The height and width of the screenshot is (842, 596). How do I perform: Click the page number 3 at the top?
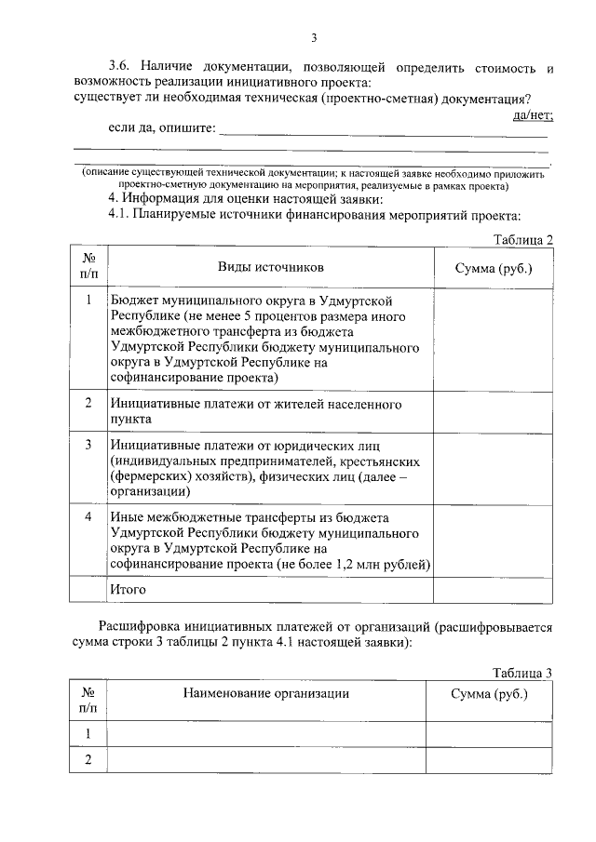[x=314, y=37]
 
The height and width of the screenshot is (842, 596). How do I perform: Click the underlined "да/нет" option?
[x=533, y=115]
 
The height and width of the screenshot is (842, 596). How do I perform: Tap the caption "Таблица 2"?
[x=523, y=239]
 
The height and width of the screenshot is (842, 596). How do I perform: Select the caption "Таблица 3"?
[x=523, y=672]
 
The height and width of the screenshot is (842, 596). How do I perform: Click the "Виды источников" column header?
[x=271, y=267]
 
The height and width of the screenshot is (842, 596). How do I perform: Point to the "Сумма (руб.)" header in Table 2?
[x=493, y=268]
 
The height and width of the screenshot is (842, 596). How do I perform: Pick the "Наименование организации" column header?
[x=266, y=694]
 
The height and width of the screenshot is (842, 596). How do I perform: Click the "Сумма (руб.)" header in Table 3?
[x=489, y=694]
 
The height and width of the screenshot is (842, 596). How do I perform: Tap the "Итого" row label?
[x=129, y=589]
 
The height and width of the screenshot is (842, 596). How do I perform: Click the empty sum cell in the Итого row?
[x=493, y=590]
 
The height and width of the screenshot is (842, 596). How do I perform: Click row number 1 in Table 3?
[x=88, y=734]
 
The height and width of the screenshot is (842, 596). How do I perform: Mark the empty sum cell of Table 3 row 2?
[x=489, y=760]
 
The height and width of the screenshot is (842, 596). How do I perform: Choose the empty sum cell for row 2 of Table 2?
[x=493, y=411]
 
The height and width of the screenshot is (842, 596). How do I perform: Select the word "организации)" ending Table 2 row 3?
[x=149, y=490]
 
